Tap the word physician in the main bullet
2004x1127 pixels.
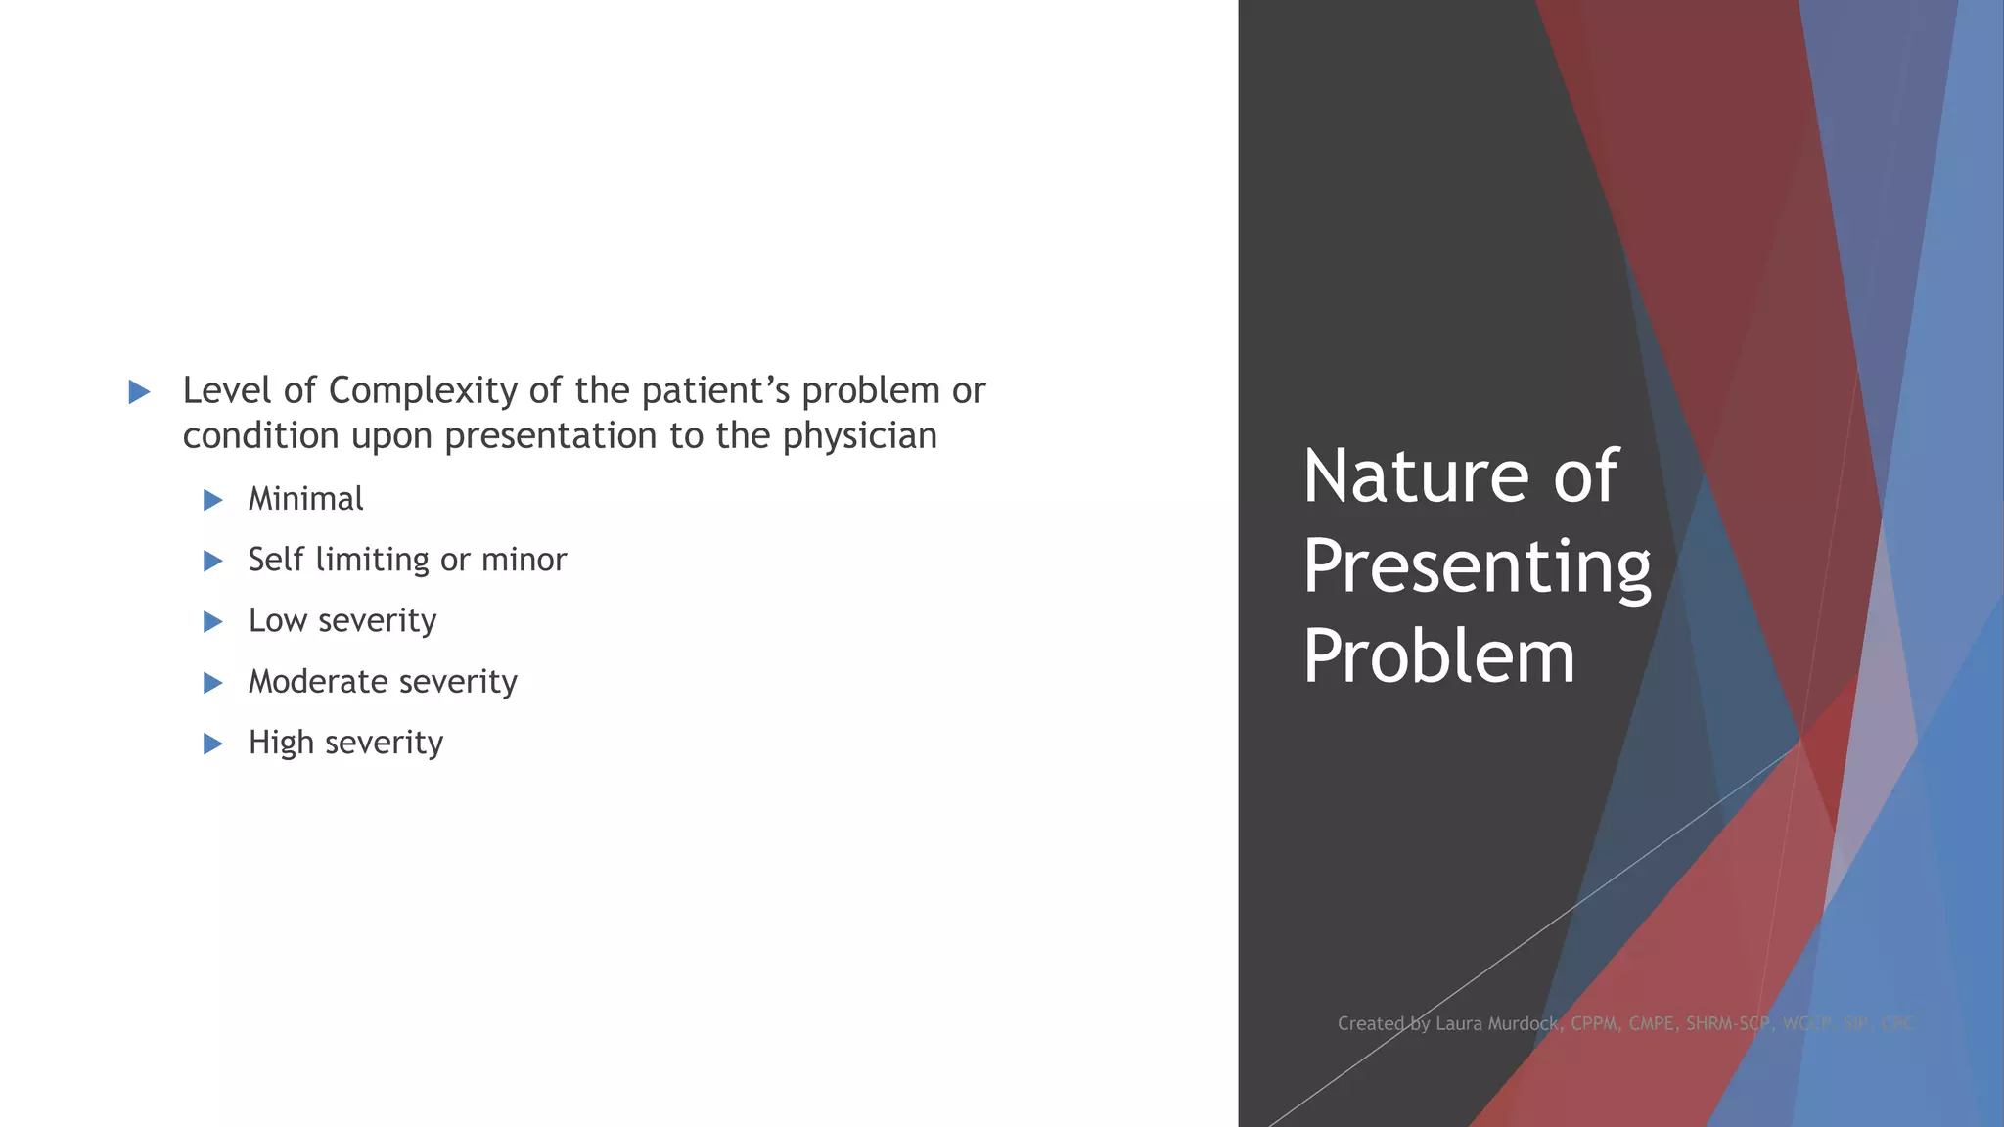coord(859,436)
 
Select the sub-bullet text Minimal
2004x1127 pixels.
coord(305,499)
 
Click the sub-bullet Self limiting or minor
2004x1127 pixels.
coord(407,560)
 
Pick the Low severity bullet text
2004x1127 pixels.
coord(342,620)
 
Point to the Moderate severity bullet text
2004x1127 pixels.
coord(383,682)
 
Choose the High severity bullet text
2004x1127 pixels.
coord(345,743)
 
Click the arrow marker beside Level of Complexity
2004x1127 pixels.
coord(140,392)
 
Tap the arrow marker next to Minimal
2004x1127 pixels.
coord(213,501)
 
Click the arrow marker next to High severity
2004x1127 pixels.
coord(213,744)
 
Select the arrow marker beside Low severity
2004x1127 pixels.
coord(213,622)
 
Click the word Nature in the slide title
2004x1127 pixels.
coord(1416,476)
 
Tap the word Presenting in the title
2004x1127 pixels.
coord(1477,566)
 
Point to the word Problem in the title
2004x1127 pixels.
coord(1438,656)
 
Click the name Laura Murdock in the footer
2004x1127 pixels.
coord(1497,1024)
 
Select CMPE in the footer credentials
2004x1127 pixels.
coord(1651,1024)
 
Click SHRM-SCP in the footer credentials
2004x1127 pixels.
coord(1728,1024)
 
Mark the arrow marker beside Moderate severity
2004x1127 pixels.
coord(213,683)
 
